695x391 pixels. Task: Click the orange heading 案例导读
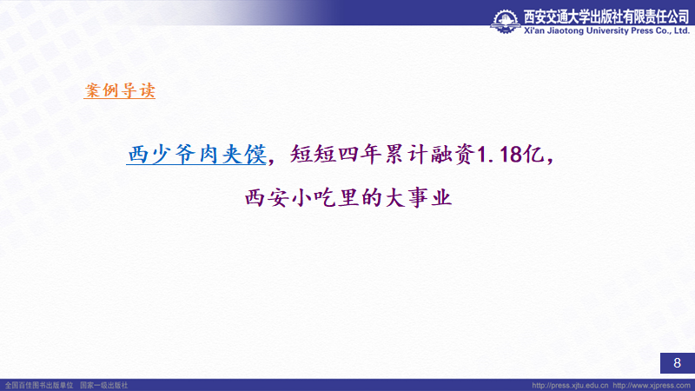pos(120,90)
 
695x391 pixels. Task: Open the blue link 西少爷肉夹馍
pos(196,155)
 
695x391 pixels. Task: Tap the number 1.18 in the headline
pos(499,155)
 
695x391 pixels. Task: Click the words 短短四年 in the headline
pos(336,155)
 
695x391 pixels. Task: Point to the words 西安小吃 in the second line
pos(290,197)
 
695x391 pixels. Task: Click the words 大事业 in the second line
pos(418,197)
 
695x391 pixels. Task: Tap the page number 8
pos(677,363)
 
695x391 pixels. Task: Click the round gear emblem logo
pos(506,21)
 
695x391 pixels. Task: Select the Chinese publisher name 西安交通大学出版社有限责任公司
pos(606,17)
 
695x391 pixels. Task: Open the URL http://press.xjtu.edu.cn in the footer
pos(570,385)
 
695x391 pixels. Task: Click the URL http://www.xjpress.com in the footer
pos(652,385)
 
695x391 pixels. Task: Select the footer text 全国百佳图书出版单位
pos(39,385)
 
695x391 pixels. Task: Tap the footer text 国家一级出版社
pos(103,385)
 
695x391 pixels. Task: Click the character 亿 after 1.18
pos(533,155)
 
